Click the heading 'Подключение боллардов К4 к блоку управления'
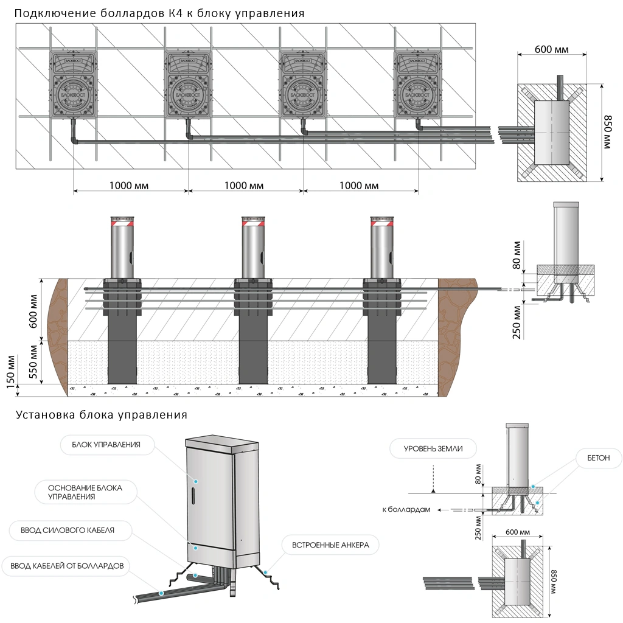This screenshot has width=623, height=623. point(159,13)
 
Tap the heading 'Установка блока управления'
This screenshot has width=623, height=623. point(102,416)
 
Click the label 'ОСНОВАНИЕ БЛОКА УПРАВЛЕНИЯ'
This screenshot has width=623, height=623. point(85,492)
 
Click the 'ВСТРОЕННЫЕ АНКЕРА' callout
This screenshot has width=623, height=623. point(330,545)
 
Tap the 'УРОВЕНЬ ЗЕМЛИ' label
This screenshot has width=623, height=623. point(433,449)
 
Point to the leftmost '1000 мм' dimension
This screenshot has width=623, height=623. point(129,186)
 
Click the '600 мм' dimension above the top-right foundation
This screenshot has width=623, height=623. point(551,49)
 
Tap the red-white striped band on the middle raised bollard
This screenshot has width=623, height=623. point(252,223)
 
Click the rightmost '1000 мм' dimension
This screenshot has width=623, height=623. point(359,186)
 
